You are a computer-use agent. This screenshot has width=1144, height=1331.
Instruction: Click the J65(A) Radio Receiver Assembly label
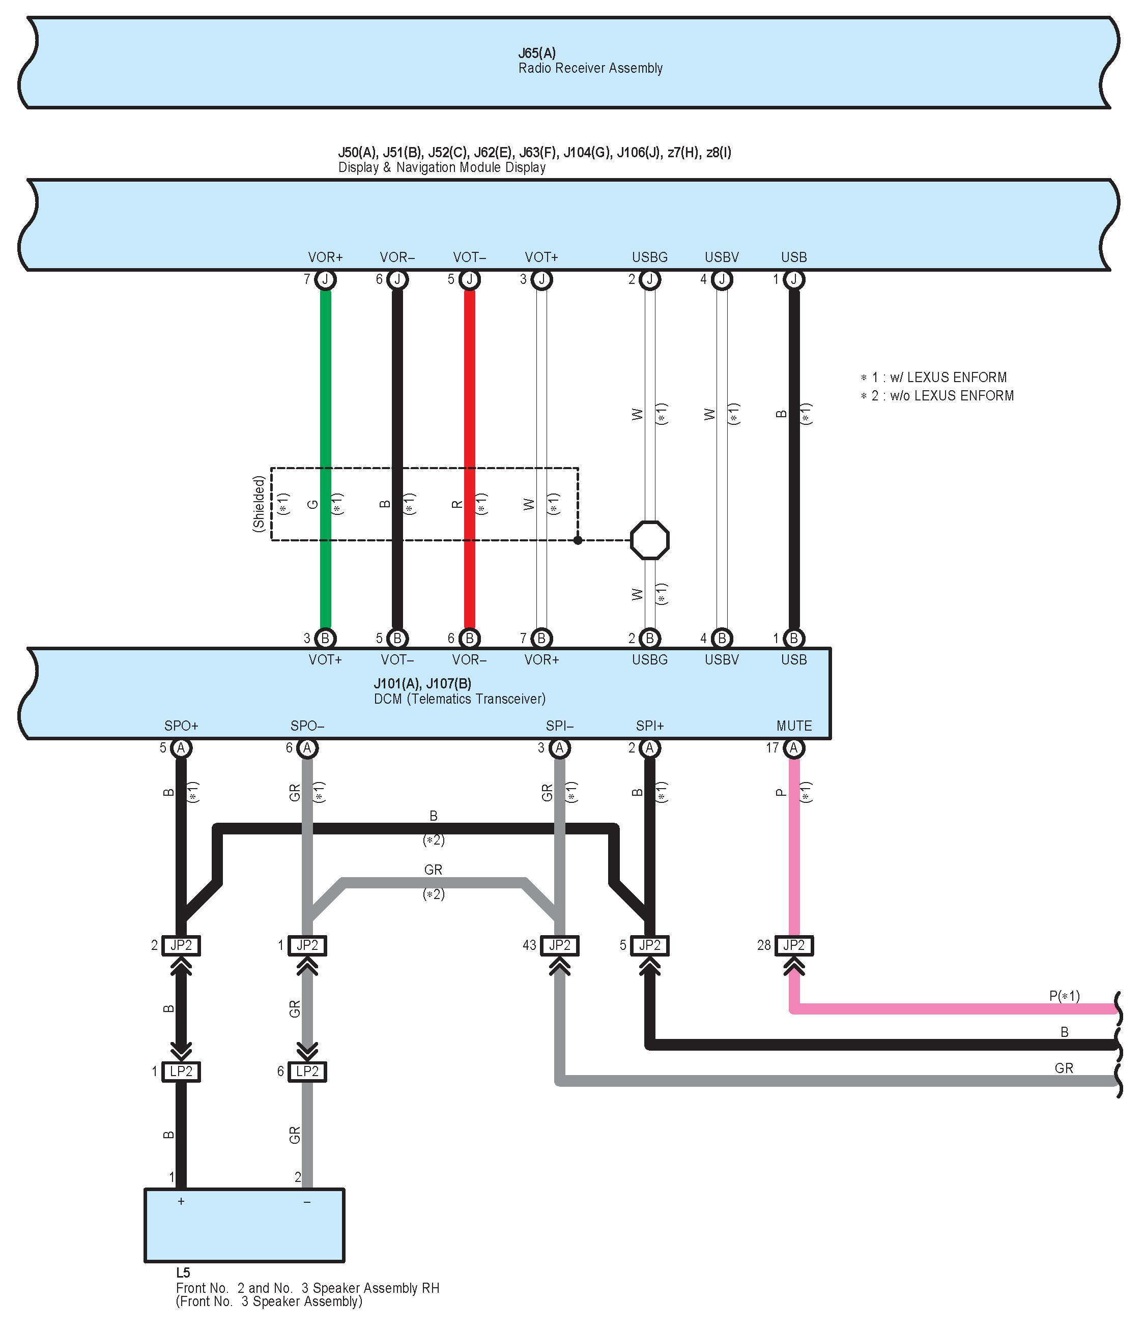[590, 61]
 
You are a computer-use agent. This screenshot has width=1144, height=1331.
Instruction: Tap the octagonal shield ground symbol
[649, 540]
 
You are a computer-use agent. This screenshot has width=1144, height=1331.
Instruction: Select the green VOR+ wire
[326, 398]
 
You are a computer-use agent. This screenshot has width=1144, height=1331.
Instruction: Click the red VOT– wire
[470, 398]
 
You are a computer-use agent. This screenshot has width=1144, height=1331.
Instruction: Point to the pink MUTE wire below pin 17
[794, 848]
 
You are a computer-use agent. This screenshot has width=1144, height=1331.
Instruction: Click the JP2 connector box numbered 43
[559, 945]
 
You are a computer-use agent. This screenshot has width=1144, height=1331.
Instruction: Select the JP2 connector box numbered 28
[794, 945]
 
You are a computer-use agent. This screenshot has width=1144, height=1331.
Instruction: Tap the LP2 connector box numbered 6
[307, 1071]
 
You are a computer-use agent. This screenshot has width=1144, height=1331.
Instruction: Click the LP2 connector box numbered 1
[181, 1071]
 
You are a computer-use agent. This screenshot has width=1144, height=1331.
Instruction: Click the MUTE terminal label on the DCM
[794, 726]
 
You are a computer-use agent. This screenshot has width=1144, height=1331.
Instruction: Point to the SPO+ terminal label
[181, 726]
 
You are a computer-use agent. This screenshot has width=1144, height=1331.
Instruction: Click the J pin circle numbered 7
[326, 279]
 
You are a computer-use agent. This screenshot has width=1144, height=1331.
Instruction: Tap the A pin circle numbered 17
[794, 748]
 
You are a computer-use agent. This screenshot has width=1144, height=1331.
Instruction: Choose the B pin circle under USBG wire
[649, 638]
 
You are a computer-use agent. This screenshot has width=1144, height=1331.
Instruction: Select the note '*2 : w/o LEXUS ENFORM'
[937, 396]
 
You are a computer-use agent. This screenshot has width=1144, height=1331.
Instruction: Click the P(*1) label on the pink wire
[1064, 996]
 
